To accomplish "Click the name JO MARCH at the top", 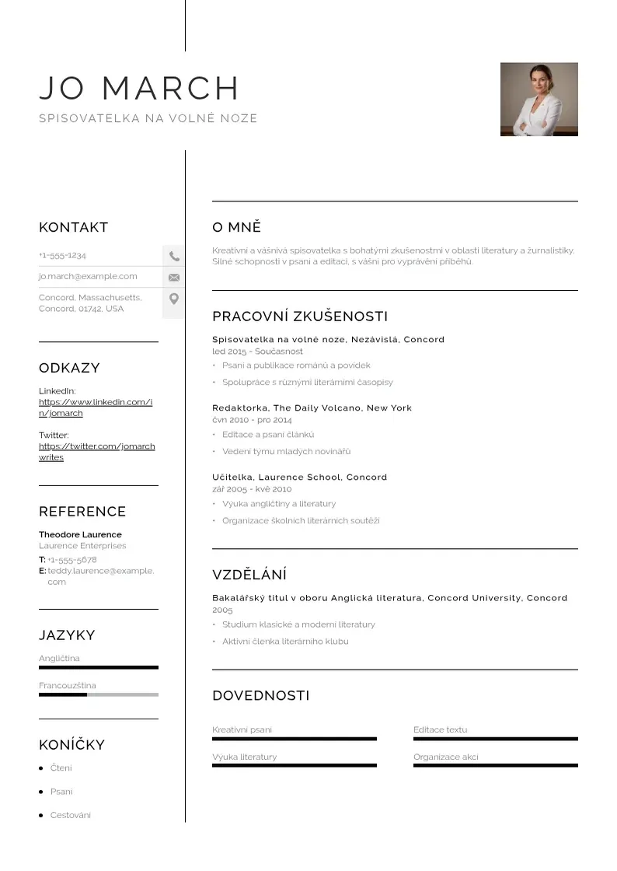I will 140,89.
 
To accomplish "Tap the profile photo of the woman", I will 539,100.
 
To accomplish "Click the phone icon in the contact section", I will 174,256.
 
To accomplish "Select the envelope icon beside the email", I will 174,277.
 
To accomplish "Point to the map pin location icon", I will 174,299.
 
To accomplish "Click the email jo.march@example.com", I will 88,276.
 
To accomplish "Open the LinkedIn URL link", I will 96,408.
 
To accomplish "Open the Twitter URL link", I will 96,452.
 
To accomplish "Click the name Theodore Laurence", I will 80,534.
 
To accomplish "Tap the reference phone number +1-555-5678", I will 72,560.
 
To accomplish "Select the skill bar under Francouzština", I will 98,694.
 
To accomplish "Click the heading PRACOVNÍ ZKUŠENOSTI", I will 300,317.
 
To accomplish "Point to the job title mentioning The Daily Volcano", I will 312,408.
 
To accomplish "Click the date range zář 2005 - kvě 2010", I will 252,489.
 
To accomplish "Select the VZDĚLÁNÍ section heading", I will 249,575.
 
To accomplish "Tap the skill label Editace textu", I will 441,729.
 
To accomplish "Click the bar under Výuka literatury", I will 294,765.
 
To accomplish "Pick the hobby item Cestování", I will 71,815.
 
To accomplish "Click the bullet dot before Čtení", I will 41,768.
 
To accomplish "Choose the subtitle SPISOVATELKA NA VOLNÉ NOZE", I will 148,119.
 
